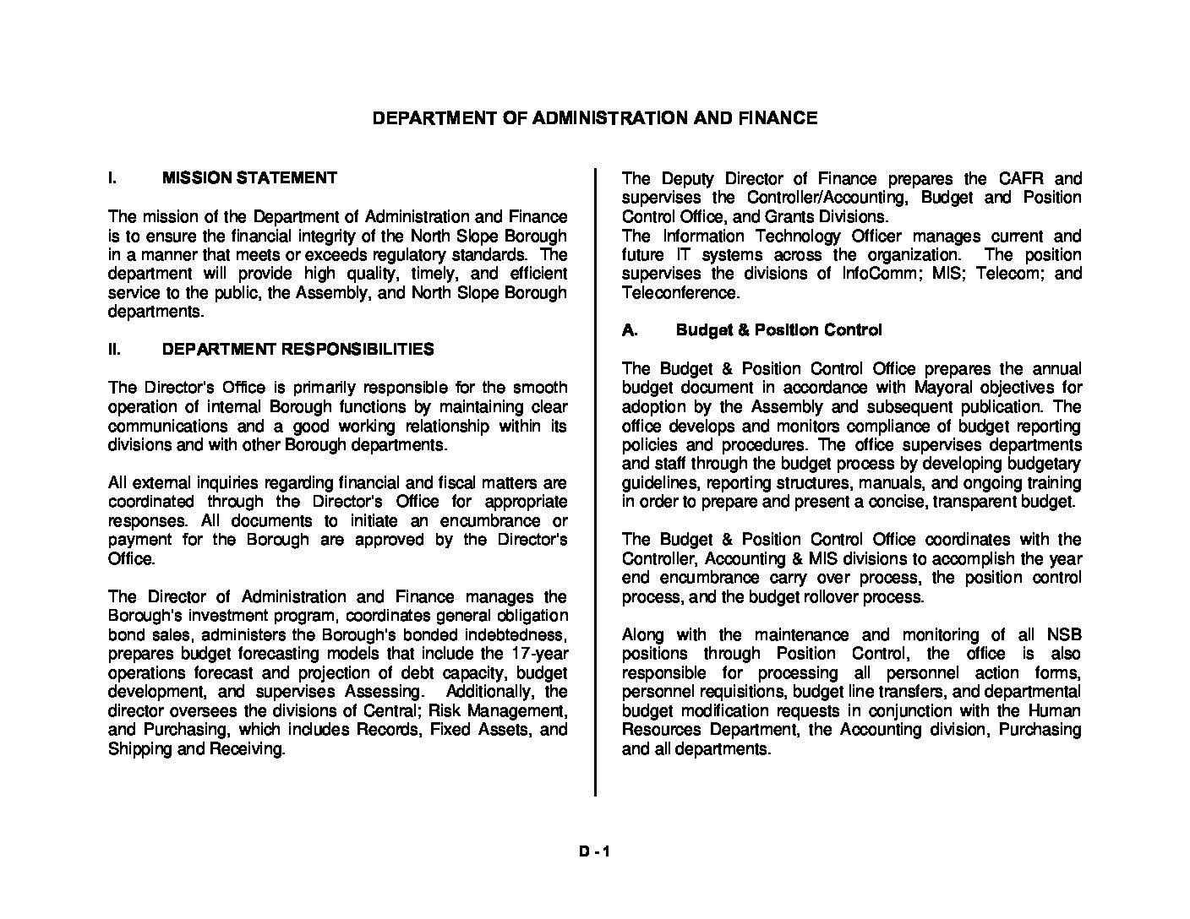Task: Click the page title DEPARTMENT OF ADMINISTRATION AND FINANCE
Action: click(595, 118)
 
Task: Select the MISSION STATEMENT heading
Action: click(249, 178)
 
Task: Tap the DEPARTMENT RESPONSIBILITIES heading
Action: click(298, 350)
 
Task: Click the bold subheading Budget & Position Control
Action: click(778, 330)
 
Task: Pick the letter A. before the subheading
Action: click(630, 330)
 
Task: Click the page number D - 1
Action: click(594, 852)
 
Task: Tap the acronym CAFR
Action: click(1021, 179)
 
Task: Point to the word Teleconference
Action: click(680, 293)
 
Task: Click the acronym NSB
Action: click(1064, 635)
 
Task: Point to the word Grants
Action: click(791, 217)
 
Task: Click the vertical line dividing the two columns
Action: click(595, 481)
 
